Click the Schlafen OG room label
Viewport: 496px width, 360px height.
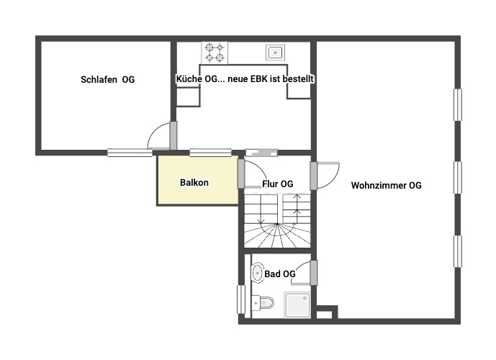[x=107, y=80]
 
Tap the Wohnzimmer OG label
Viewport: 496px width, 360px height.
[x=386, y=186]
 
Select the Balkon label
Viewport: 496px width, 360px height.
[x=194, y=183]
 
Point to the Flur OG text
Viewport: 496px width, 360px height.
[x=278, y=184]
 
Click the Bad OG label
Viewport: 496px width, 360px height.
[x=279, y=274]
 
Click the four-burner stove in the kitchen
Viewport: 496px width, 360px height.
[x=214, y=52]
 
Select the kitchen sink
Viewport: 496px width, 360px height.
[x=274, y=51]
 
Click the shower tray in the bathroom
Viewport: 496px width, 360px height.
[x=298, y=305]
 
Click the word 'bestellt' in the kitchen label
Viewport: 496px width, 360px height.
[x=299, y=79]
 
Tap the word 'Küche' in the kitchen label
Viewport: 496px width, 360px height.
[x=188, y=79]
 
